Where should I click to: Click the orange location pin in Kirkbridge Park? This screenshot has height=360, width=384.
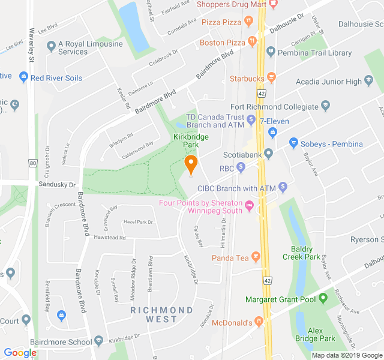(191, 164)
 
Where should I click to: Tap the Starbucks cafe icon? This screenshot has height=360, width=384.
(271, 78)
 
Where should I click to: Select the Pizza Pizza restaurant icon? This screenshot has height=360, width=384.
(248, 22)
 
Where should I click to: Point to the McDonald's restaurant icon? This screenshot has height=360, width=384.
(259, 322)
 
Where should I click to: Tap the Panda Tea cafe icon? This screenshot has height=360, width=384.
(256, 258)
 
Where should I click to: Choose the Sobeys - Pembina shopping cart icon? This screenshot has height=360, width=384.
(293, 143)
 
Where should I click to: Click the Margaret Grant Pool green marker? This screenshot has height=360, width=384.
(323, 298)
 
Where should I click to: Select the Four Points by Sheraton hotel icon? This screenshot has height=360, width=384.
(249, 206)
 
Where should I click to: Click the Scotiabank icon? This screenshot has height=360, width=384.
(269, 154)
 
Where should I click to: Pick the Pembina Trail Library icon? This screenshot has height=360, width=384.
(271, 53)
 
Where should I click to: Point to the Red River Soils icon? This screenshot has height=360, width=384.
(23, 77)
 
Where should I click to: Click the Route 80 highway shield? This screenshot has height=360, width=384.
(32, 163)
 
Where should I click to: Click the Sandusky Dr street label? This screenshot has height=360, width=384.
(58, 185)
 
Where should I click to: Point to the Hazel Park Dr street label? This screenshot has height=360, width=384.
(138, 222)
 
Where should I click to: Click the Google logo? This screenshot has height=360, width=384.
(20, 353)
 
